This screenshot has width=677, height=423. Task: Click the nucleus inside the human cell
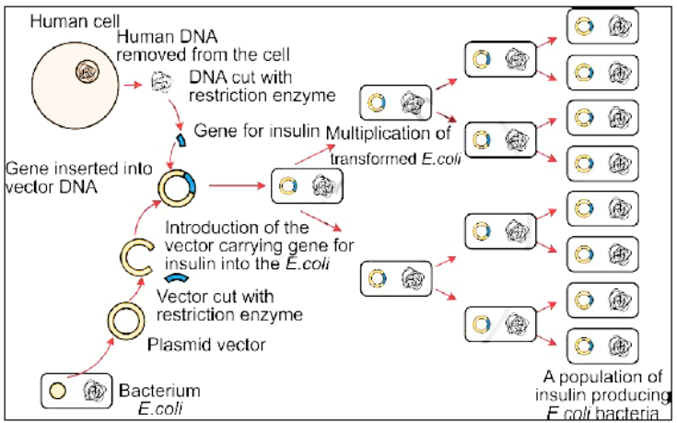pos(88,69)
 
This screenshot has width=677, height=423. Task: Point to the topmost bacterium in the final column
pos(601,25)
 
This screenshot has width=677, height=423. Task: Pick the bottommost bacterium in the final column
pos(601,346)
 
